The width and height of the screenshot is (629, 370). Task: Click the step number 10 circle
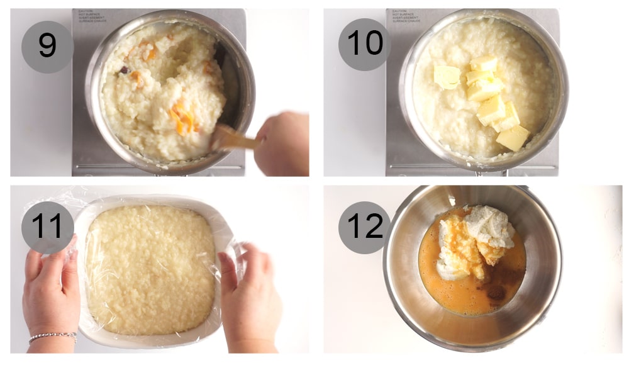point(365,44)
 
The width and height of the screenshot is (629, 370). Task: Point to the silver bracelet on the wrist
point(52,337)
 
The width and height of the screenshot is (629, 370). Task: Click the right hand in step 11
point(252,296)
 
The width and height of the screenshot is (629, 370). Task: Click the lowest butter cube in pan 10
point(513,137)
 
